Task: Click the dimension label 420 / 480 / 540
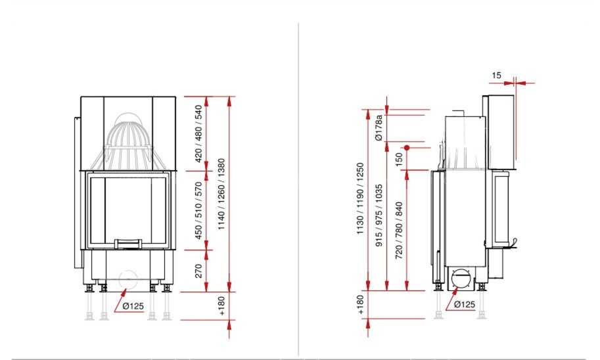point(198,133)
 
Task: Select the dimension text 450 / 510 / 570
point(198,211)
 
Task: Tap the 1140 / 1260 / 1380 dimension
point(221,194)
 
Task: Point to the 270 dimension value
point(198,271)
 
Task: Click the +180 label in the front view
point(222,306)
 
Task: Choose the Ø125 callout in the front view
point(133,306)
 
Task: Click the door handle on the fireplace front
point(128,244)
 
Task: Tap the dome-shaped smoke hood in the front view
point(129,141)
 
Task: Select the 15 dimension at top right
point(496,76)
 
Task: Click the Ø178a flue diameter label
point(379,127)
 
